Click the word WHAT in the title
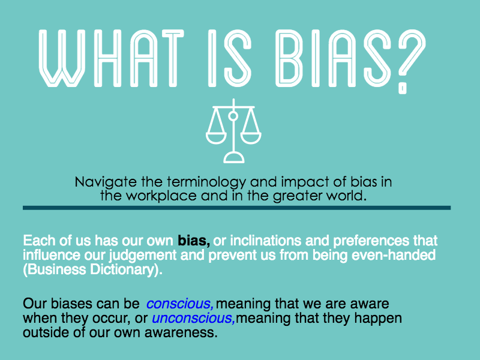click(112, 58)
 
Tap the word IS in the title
click(230, 58)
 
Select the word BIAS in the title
click(333, 58)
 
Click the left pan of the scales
click(216, 139)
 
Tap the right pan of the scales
click(251, 139)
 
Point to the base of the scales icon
click(234, 158)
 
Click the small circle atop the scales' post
click(233, 116)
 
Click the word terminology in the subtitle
click(206, 182)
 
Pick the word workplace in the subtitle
click(161, 196)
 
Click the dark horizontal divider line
click(236, 208)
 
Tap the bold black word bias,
click(194, 241)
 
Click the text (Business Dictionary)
click(92, 270)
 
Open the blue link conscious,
click(180, 304)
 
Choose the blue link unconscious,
click(193, 319)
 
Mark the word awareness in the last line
click(181, 333)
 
